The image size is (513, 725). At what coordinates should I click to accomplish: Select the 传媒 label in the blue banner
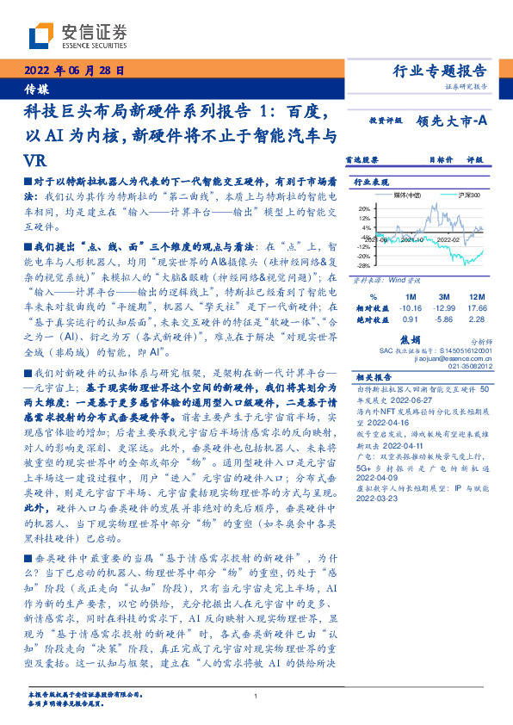(37, 88)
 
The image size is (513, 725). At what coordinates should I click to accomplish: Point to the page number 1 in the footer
(256, 696)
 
